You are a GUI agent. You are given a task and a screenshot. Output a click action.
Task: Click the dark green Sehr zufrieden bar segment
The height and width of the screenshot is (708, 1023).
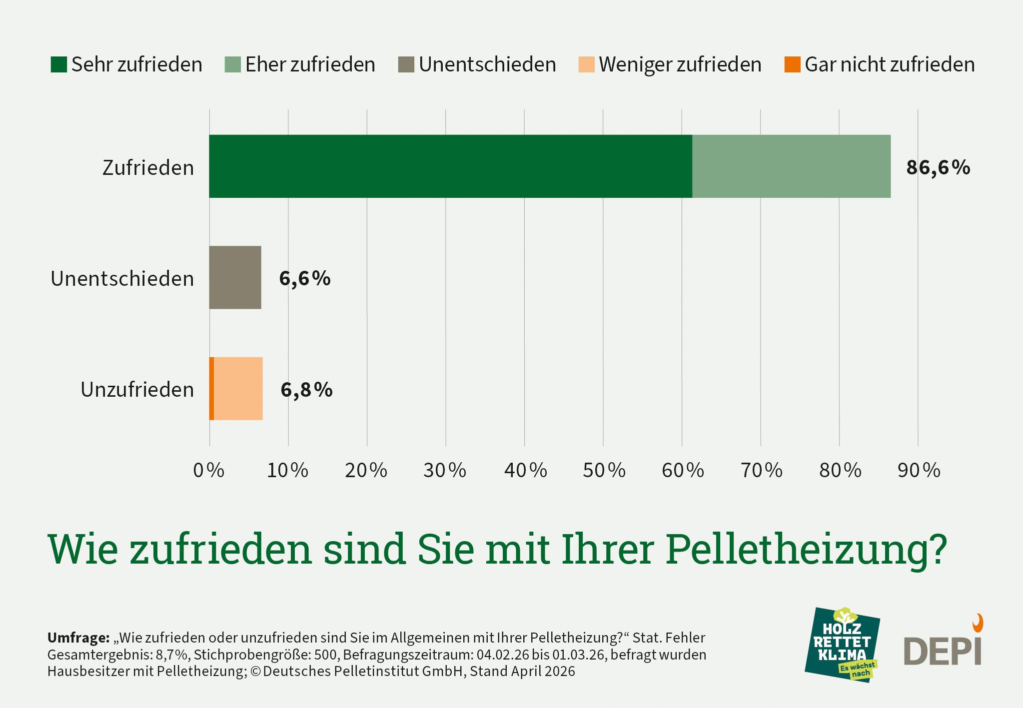pos(450,166)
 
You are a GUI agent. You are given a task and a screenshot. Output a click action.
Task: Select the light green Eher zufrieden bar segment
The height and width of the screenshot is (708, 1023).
pos(791,166)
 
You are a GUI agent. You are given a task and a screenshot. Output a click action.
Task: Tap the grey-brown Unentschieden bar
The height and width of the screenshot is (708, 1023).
pos(235,277)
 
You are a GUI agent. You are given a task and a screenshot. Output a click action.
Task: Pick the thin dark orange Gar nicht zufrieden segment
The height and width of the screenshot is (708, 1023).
pos(211,389)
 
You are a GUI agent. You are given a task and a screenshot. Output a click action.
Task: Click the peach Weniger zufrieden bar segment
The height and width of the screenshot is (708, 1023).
pos(238,389)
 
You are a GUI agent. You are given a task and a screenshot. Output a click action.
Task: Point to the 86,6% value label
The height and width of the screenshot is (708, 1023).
pos(938,167)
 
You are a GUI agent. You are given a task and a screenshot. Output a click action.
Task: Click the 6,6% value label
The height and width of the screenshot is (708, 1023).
pos(305,278)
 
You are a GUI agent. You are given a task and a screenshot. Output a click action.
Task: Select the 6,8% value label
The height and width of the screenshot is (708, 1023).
pos(306,390)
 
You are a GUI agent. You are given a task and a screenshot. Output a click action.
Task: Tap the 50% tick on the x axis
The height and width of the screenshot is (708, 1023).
pos(604,470)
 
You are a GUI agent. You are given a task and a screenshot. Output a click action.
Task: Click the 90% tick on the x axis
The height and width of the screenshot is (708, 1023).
pos(919,470)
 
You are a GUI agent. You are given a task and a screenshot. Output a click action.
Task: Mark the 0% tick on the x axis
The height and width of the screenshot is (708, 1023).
pos(208,470)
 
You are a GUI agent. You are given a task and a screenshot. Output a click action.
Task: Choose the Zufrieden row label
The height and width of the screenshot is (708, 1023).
pos(148,168)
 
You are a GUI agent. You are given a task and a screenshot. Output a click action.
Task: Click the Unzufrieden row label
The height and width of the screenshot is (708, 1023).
pos(137,390)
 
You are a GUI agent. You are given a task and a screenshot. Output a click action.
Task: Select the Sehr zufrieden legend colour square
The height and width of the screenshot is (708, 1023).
pos(58,64)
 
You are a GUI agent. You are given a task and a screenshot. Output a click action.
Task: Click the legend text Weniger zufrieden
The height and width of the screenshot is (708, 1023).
pos(680,64)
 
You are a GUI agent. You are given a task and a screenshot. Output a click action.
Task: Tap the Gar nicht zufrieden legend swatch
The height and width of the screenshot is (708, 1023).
pos(792,64)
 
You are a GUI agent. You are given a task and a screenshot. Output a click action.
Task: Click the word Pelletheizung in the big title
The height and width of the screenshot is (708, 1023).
pos(806,550)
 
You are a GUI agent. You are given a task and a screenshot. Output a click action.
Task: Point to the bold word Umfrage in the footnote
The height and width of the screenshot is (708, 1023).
pos(78,638)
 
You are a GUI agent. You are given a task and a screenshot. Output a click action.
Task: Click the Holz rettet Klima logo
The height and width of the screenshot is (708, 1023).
pos(842,645)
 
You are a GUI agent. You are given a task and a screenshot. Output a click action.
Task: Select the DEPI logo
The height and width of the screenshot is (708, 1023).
pos(943,647)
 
